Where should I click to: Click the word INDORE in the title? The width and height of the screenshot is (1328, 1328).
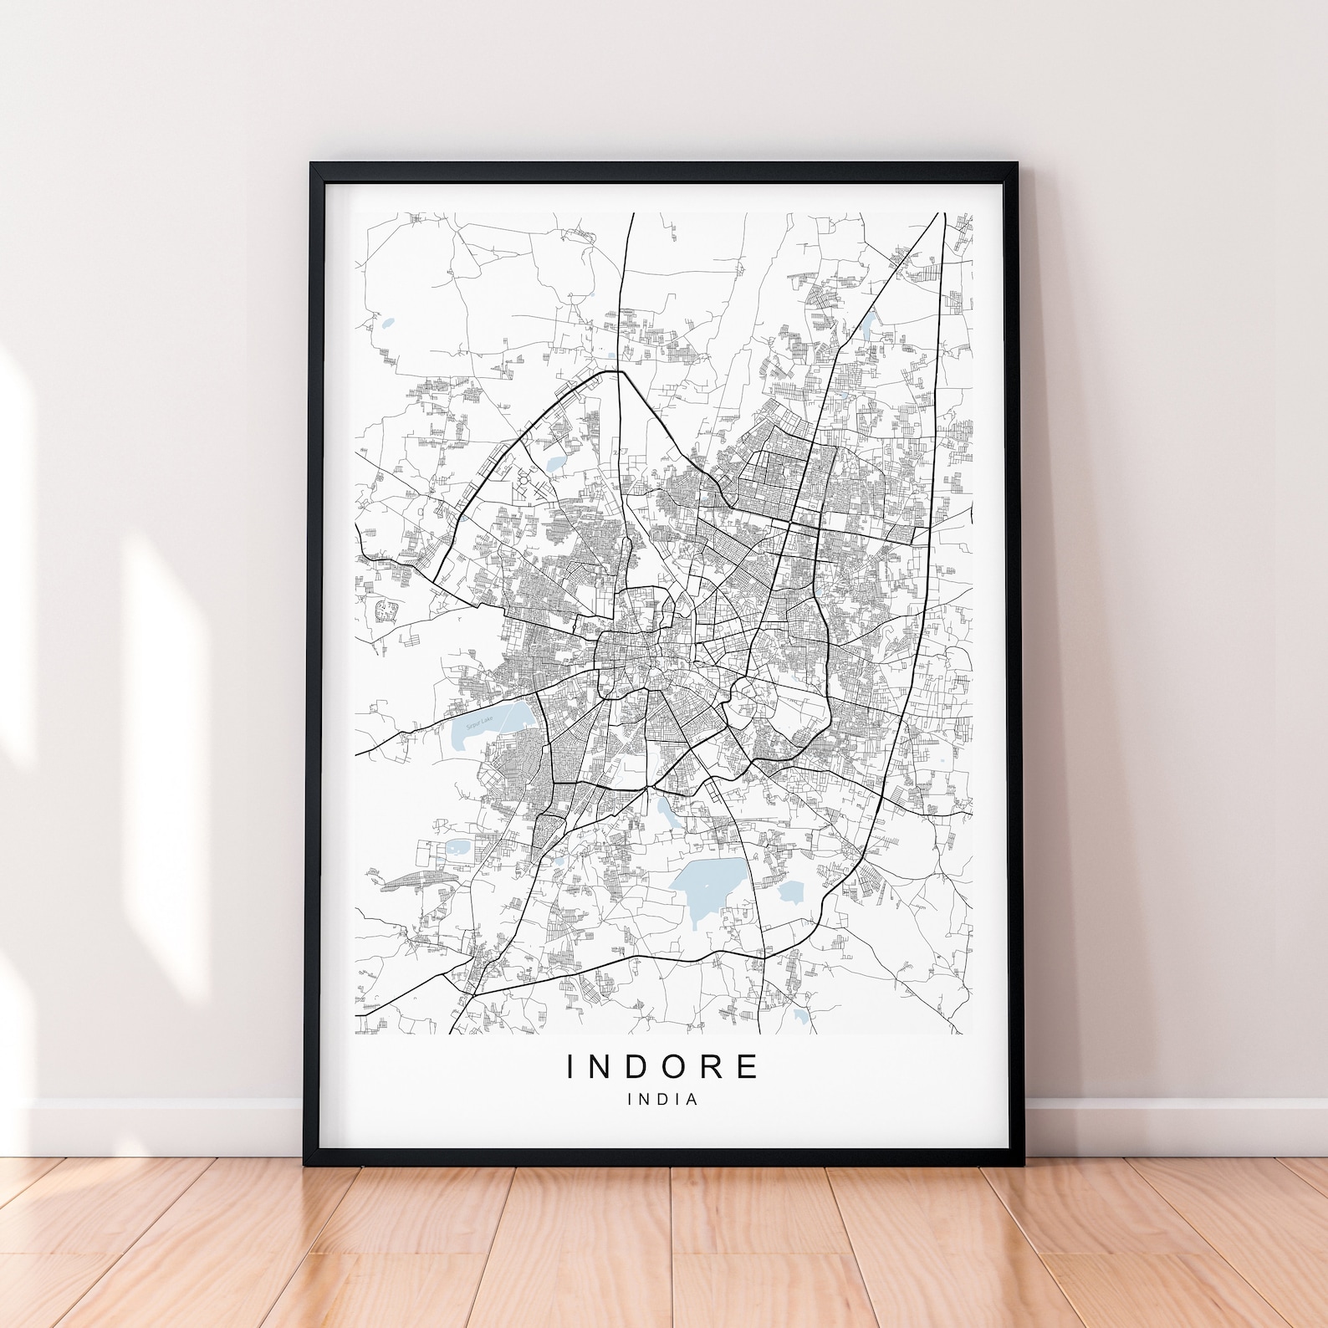(x=663, y=1066)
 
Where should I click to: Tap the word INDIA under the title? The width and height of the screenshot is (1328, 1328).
(x=663, y=1100)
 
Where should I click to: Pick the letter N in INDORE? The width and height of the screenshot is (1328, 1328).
(x=601, y=1066)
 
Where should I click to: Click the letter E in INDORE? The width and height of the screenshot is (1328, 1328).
(x=748, y=1066)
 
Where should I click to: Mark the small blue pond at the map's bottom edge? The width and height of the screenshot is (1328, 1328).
(x=801, y=1017)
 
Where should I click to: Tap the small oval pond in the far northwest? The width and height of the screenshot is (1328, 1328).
(x=386, y=324)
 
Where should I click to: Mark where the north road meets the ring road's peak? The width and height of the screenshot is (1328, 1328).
(x=619, y=372)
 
